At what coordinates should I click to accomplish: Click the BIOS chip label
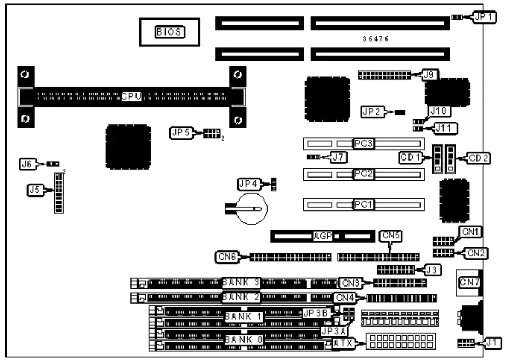pos(170,33)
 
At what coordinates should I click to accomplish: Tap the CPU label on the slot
pos(132,96)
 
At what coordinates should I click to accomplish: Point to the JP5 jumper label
pos(180,133)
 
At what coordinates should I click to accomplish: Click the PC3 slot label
pos(363,144)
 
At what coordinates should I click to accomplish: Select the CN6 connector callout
pos(225,256)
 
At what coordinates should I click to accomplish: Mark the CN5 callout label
pos(390,237)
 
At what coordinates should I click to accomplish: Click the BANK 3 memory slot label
pos(241,283)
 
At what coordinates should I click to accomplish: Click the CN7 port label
pos(469,282)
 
